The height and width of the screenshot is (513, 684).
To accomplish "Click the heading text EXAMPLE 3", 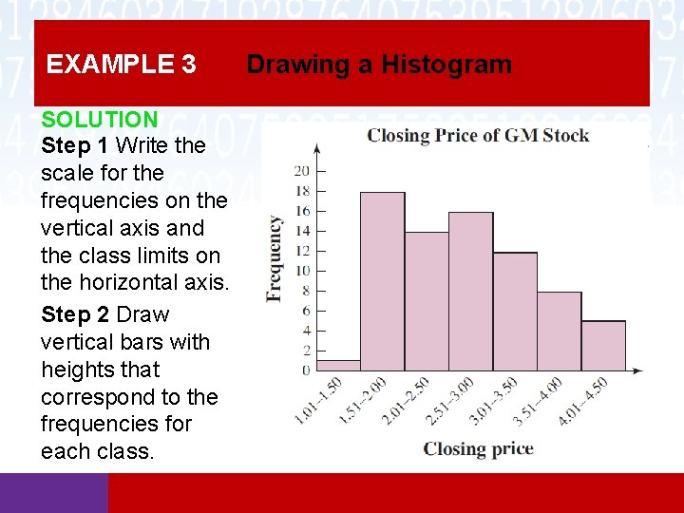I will tap(122, 65).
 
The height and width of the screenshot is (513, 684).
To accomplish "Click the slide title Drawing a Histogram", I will tap(379, 65).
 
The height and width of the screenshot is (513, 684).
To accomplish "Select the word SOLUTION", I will tap(99, 120).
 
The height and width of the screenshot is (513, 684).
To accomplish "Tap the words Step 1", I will tap(76, 146).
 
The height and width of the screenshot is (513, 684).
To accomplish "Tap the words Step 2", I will tap(76, 314).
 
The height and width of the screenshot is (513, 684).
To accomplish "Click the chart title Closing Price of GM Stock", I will tap(478, 135).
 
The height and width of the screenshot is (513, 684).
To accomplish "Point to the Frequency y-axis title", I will tap(275, 258).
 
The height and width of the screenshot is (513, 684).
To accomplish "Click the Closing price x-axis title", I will tap(478, 448).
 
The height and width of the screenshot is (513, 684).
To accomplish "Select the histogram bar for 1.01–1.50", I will tap(338, 365).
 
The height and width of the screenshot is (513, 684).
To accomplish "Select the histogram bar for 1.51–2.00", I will tap(382, 281).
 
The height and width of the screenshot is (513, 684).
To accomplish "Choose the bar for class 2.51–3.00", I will tap(470, 291).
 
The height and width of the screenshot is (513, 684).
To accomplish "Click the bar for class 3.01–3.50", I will tap(515, 312).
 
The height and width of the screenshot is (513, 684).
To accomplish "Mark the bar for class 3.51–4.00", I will tap(559, 331).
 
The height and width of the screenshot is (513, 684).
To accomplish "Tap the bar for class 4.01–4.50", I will tap(603, 346).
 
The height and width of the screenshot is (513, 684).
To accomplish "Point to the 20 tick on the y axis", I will tap(302, 171).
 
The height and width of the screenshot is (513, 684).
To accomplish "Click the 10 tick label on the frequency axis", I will tap(302, 271).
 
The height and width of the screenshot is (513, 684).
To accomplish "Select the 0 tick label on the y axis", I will tap(305, 370).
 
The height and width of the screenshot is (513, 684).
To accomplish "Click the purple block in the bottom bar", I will tap(54, 493).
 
